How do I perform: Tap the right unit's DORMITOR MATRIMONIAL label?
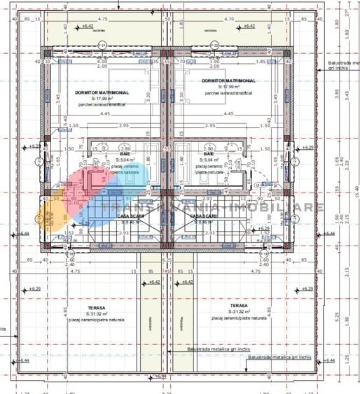click(x=228, y=80)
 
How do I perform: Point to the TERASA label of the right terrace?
click(x=240, y=305)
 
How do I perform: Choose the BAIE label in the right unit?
click(x=209, y=153)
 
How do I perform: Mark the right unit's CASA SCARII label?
click(x=203, y=216)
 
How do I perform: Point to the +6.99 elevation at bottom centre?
click(x=162, y=376)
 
